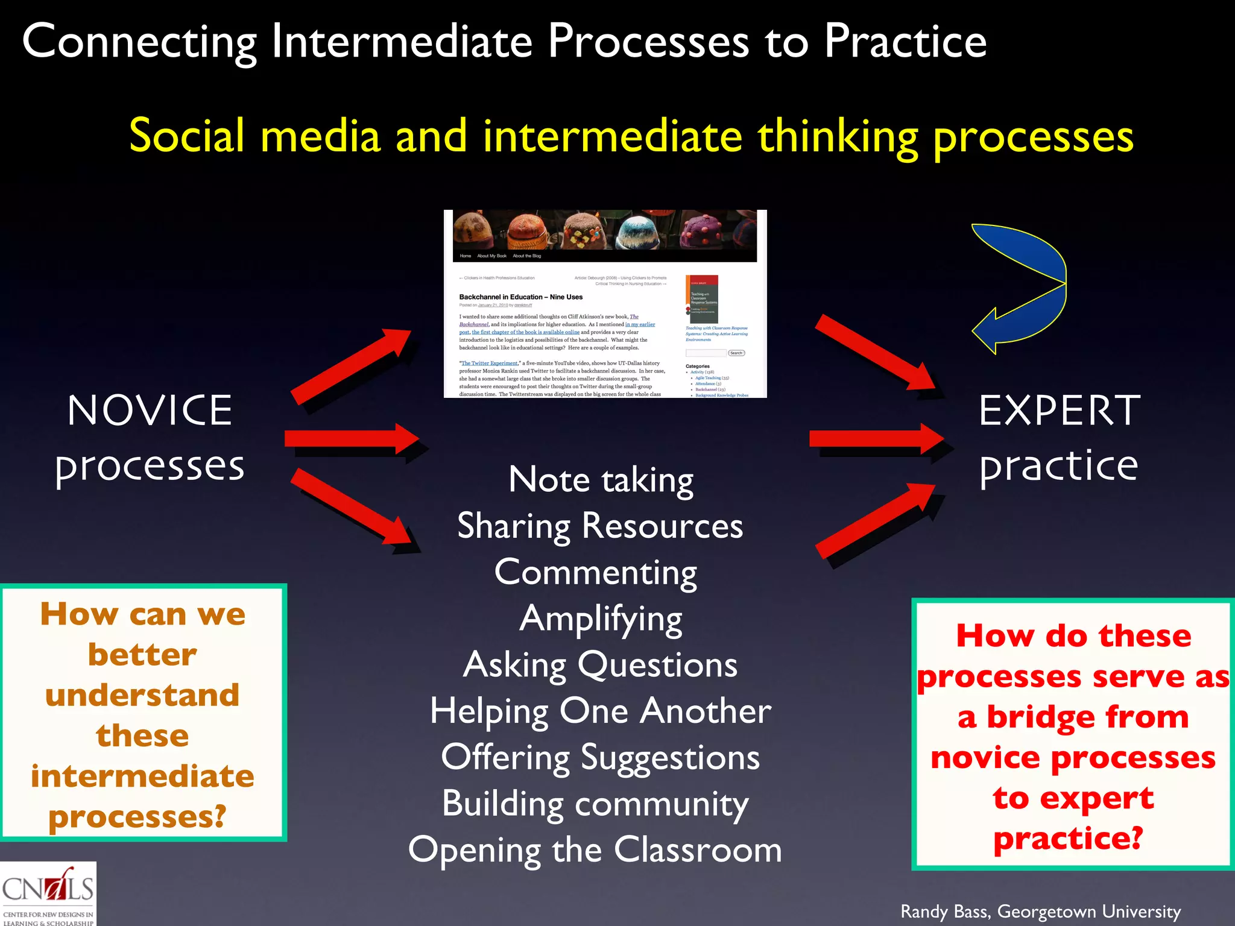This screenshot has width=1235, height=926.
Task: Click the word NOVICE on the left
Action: (x=150, y=411)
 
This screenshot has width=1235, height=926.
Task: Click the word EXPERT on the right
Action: (x=1060, y=411)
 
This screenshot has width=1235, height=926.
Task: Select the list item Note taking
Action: (x=601, y=480)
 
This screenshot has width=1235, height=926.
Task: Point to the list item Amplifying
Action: (x=601, y=619)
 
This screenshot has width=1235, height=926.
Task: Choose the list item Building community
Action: (x=595, y=804)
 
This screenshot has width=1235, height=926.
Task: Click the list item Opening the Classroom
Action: (x=595, y=850)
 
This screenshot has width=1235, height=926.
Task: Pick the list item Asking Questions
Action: (x=600, y=665)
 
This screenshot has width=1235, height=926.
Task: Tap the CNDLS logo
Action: (x=48, y=893)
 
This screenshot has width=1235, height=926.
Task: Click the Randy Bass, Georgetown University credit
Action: (x=1040, y=912)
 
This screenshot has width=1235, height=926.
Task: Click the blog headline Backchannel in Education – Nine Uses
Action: (x=520, y=297)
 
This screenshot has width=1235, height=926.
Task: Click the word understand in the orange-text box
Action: (x=142, y=694)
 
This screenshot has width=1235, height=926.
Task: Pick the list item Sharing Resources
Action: (x=600, y=526)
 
